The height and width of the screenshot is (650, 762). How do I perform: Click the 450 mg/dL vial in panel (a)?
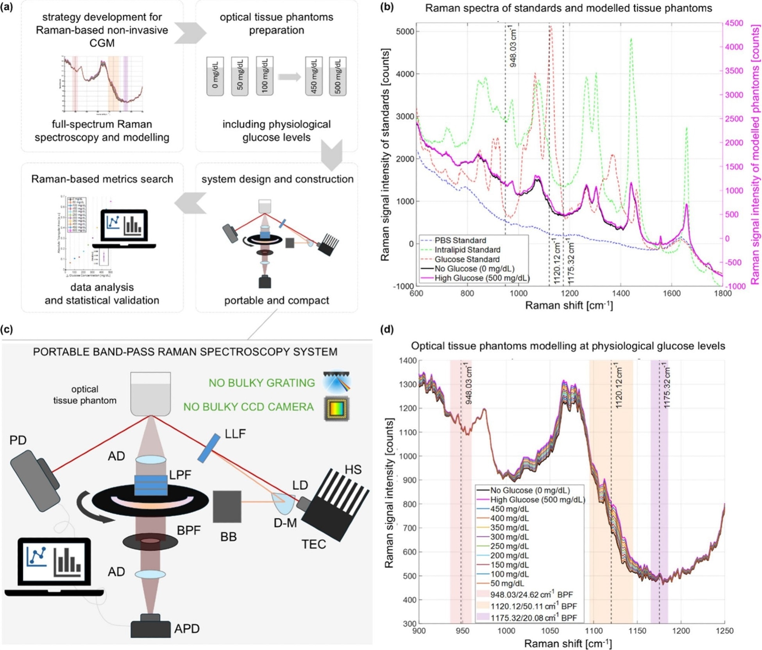pyautogui.click(x=314, y=76)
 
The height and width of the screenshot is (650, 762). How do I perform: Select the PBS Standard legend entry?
pyautogui.click(x=460, y=240)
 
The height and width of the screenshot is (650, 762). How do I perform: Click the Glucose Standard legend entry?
pyautogui.click(x=467, y=259)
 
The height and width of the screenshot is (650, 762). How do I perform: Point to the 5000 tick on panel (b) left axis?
pyautogui.click(x=405, y=31)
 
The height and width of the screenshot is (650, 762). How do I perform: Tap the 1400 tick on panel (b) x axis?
pyautogui.click(x=620, y=293)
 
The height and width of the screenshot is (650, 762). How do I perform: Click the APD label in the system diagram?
pyautogui.click(x=187, y=628)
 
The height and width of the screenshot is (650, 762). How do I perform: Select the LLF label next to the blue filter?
pyautogui.click(x=235, y=433)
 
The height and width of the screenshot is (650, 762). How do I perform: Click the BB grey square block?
pyautogui.click(x=227, y=506)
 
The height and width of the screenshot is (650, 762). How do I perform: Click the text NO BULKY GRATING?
pyautogui.click(x=261, y=383)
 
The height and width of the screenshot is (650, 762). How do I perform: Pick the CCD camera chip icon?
pyautogui.click(x=337, y=408)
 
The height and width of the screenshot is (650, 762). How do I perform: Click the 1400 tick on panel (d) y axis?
pyautogui.click(x=408, y=361)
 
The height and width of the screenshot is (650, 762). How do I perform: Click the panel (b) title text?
pyautogui.click(x=568, y=8)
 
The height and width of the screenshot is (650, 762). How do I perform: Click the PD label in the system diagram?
pyautogui.click(x=18, y=440)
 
